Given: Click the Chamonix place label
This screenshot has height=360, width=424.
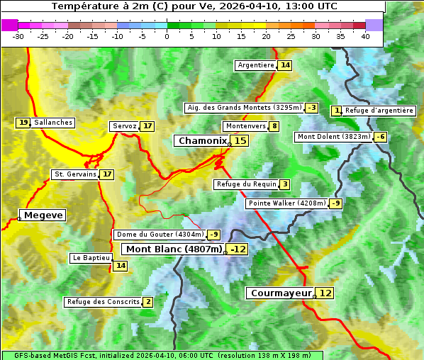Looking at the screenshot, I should [202, 141].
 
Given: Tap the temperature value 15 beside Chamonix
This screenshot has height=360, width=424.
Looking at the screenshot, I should [240, 141].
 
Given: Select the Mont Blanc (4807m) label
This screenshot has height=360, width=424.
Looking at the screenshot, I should [174, 249].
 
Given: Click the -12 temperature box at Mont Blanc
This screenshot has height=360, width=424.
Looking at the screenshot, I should [238, 249].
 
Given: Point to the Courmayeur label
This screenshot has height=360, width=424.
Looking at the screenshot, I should [281, 293].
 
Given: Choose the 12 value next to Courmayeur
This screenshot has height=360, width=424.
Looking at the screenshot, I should [325, 293].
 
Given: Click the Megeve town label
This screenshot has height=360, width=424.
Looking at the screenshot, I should [43, 215].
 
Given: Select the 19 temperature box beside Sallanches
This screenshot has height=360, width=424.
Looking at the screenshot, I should [23, 123].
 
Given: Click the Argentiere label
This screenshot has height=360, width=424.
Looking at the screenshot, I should [256, 65].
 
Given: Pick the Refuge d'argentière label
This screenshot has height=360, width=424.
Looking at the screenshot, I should [379, 111].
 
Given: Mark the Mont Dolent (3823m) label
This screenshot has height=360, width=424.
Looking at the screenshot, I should [334, 137].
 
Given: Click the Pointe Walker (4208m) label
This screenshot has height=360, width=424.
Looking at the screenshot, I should [286, 203].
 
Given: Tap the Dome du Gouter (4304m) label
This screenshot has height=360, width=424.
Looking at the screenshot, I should [160, 235].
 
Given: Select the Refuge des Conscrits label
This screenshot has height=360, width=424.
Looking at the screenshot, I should [103, 302].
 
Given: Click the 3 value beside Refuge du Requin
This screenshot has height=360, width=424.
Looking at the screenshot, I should [284, 184].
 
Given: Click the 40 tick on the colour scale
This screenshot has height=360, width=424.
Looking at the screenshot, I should [365, 35].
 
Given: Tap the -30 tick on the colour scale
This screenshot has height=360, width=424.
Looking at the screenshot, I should [18, 35].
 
